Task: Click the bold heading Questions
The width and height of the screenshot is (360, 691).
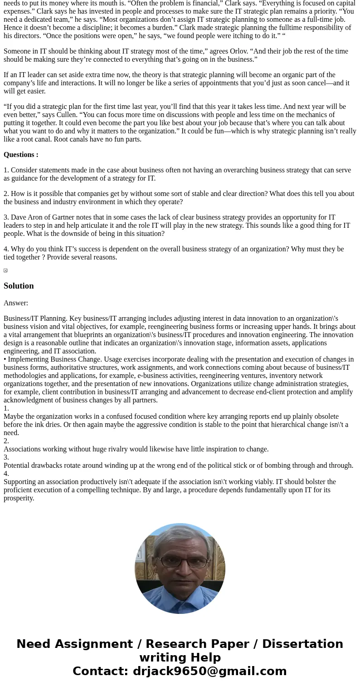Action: (21, 155)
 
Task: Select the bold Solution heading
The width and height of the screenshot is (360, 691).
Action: (19, 286)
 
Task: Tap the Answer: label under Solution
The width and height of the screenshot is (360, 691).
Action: (16, 303)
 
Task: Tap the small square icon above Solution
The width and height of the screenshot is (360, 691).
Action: (5, 270)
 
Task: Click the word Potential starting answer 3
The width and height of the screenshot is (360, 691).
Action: (19, 466)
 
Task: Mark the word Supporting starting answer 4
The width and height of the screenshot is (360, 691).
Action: (21, 482)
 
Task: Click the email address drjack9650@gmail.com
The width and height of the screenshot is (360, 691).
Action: (209, 671)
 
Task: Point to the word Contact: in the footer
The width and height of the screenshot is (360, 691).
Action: (100, 671)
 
